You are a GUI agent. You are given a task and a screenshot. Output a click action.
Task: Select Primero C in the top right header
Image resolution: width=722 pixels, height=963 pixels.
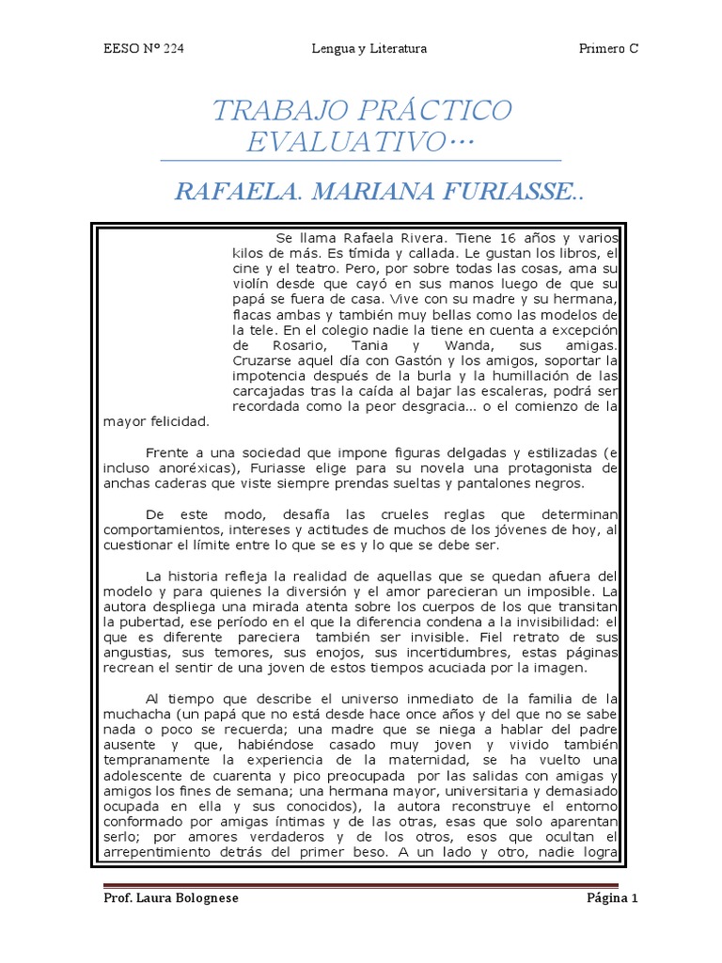pos(608,49)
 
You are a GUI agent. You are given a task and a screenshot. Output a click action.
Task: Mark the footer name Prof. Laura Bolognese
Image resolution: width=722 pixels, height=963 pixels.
pos(171,898)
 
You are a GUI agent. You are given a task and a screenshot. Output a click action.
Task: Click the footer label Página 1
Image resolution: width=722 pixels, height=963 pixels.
pos(612,898)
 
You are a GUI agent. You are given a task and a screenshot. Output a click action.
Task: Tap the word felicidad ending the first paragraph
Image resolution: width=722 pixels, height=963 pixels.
pos(177,421)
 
